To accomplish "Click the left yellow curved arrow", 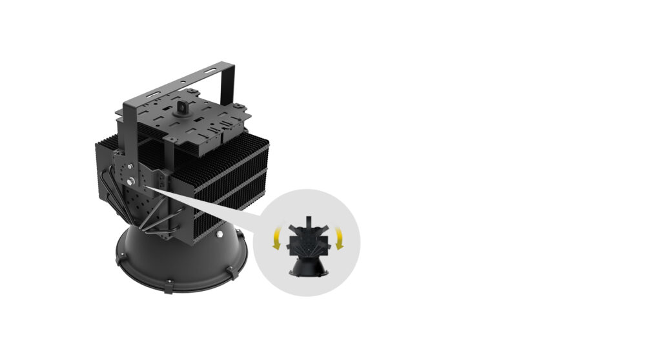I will pyautogui.click(x=276, y=239).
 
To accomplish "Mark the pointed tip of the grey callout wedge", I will pyautogui.click(x=148, y=187).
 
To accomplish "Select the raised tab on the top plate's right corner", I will pyautogui.click(x=241, y=106).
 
